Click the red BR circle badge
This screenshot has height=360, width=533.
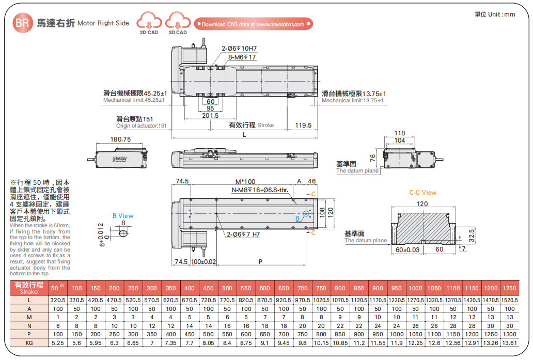click(22, 23)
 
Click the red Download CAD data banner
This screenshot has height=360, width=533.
click(253, 24)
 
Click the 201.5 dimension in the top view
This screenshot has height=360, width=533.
click(210, 116)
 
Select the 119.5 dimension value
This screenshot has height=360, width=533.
click(303, 126)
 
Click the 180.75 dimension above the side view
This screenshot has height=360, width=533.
click(120, 139)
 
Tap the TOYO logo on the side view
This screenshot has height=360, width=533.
click(120, 160)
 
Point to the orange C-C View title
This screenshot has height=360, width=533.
click(422, 193)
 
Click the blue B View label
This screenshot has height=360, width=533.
click(123, 216)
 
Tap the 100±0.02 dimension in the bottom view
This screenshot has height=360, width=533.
click(203, 262)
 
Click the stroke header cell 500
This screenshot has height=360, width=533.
click(227, 288)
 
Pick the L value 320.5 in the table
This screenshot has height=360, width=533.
click(58, 300)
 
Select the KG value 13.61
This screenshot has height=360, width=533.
click(509, 343)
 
